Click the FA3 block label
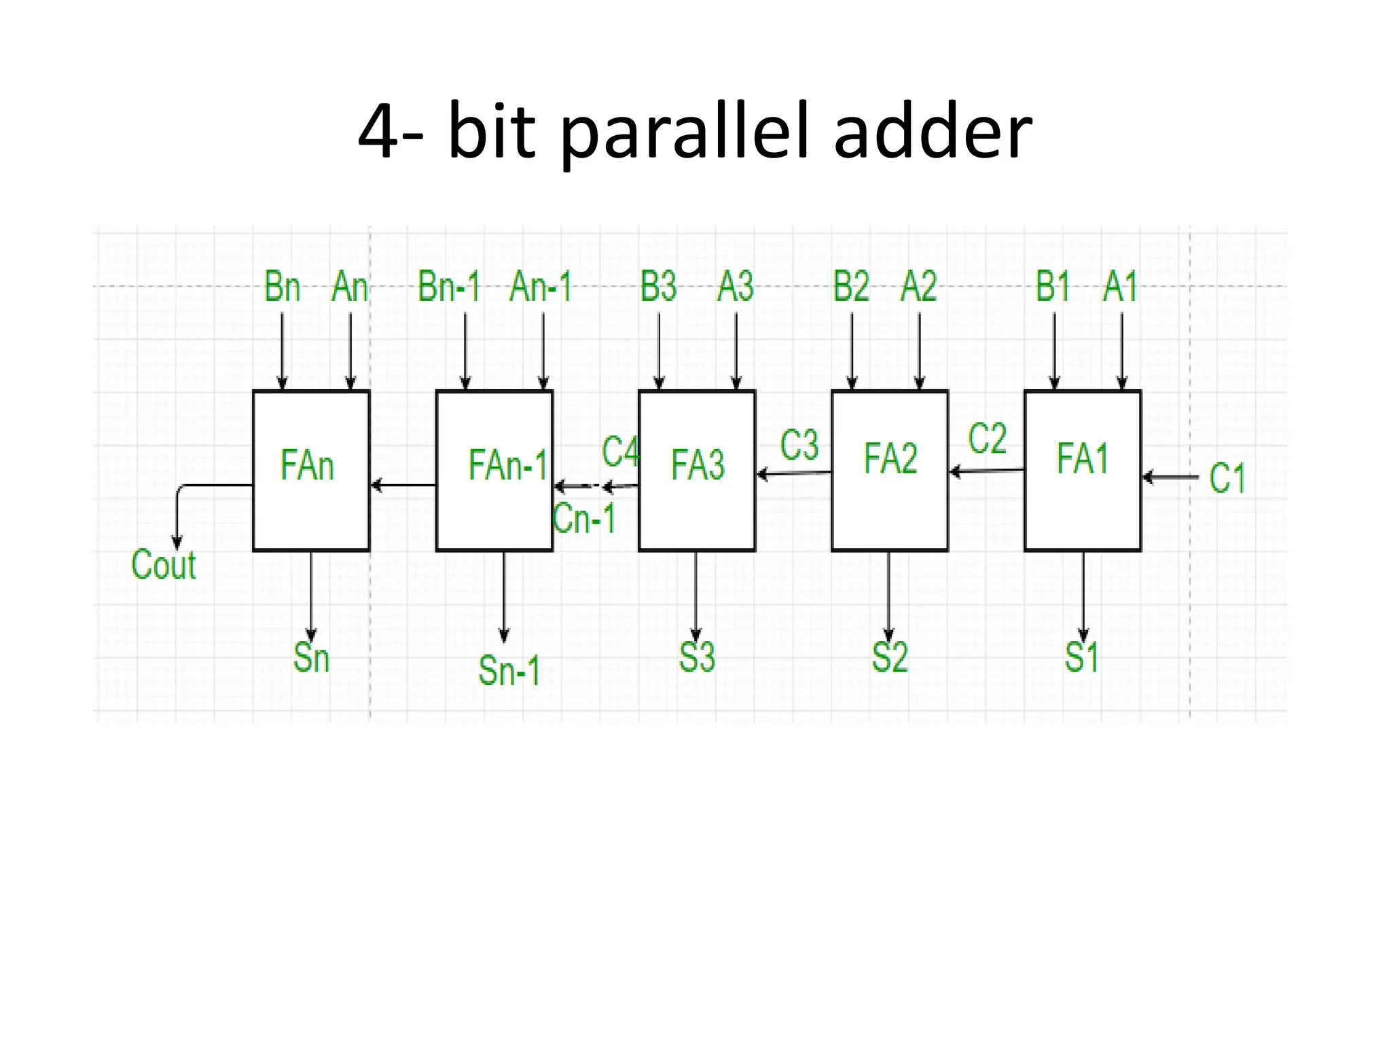698,465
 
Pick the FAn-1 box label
507,466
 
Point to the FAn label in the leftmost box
307,466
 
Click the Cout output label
163,565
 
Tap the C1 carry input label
1227,478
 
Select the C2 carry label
987,439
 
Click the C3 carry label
799,446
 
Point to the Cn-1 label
584,519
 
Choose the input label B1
1053,287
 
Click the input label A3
736,287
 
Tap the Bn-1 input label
449,287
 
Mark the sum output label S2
889,657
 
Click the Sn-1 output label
509,671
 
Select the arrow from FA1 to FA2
986,470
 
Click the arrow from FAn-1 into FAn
403,485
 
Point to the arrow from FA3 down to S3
695,594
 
